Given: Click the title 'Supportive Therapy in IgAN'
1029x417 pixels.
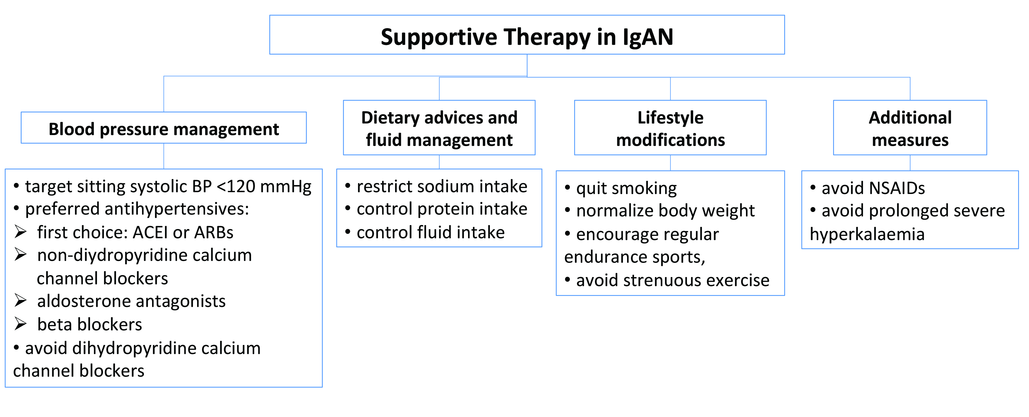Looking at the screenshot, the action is tap(527, 37).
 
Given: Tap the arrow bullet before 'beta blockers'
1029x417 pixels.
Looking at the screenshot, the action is tap(20, 324).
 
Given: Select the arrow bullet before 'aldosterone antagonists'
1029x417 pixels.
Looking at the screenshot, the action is tap(20, 301).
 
